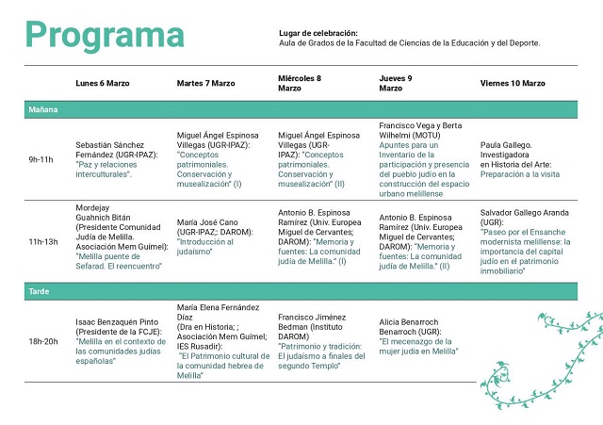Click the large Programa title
[105, 34]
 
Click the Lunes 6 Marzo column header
[103, 84]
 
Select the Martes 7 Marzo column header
[205, 84]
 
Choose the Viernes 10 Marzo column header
[513, 84]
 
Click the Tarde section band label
[39, 292]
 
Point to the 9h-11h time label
[42, 159]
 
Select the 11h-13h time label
[43, 241]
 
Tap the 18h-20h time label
[42, 340]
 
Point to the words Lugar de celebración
[318, 34]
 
